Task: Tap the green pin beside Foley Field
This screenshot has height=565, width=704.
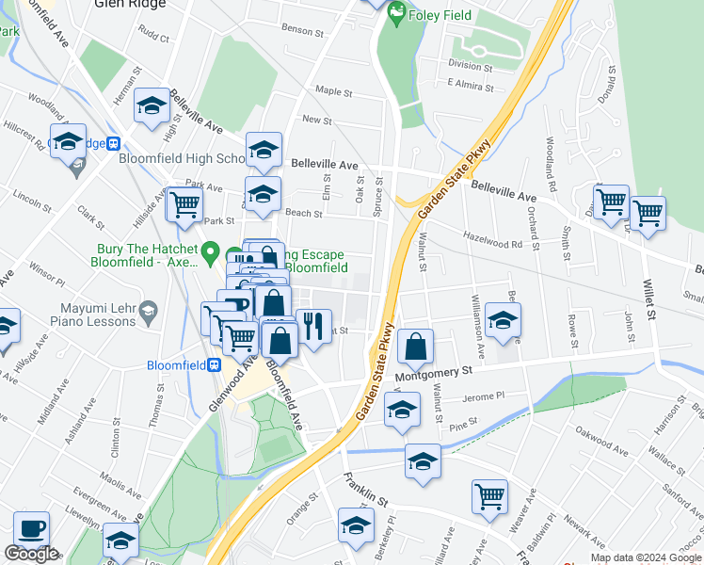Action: [x=396, y=12]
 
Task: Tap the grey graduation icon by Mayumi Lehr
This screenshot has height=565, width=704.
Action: [x=148, y=310]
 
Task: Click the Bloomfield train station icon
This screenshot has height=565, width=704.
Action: [x=215, y=365]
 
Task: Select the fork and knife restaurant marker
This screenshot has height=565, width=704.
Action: [x=312, y=327]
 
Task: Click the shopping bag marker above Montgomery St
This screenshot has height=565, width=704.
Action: [x=415, y=347]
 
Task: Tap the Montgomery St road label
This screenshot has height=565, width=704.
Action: [x=433, y=374]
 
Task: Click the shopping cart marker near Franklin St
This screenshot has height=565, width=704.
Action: [x=489, y=495]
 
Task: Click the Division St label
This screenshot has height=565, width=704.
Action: [x=470, y=66]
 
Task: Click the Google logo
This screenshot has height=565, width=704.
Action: [x=31, y=555]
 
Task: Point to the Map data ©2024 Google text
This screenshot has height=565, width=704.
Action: [x=645, y=557]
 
